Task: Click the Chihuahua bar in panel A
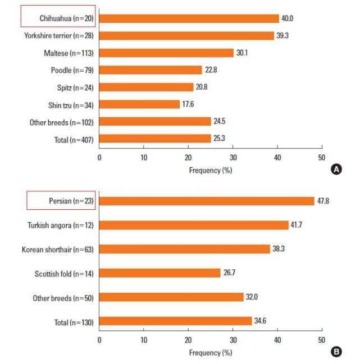pyautogui.click(x=189, y=19)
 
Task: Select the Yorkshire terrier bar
pyautogui.click(x=187, y=36)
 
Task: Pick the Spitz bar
pyautogui.click(x=146, y=87)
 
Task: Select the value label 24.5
pyautogui.click(x=218, y=122)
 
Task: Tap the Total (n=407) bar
pyautogui.click(x=156, y=139)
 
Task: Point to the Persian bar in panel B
pyautogui.click(x=207, y=201)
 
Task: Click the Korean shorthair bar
pyautogui.click(x=185, y=249)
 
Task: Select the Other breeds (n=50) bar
pyautogui.click(x=171, y=297)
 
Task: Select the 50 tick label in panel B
pyautogui.click(x=321, y=340)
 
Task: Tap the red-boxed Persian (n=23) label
pyautogui.click(x=61, y=201)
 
